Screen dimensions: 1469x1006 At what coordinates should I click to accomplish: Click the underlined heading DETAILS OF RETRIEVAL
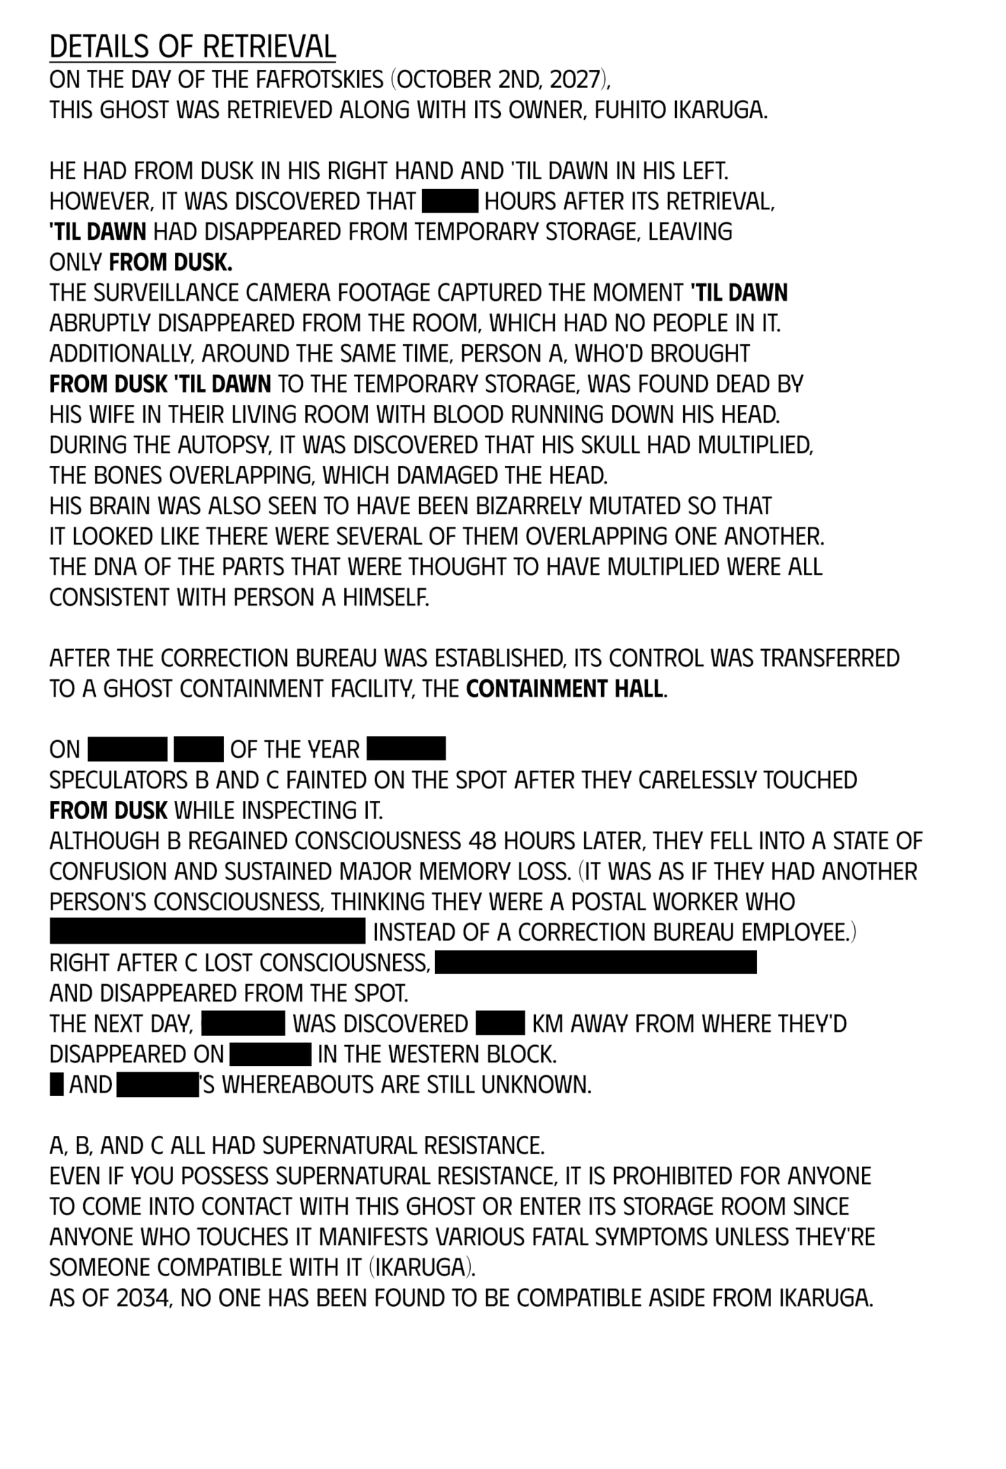(192, 47)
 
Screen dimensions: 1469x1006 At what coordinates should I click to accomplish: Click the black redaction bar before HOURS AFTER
(450, 201)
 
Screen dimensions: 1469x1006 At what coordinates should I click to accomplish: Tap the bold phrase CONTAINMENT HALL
(565, 689)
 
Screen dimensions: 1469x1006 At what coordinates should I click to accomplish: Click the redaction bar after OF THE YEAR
(406, 749)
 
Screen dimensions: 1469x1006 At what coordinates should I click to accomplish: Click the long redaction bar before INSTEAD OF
(208, 932)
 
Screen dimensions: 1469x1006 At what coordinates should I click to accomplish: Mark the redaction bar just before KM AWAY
(500, 1023)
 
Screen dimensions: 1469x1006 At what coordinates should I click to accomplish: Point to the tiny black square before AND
(56, 1085)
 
